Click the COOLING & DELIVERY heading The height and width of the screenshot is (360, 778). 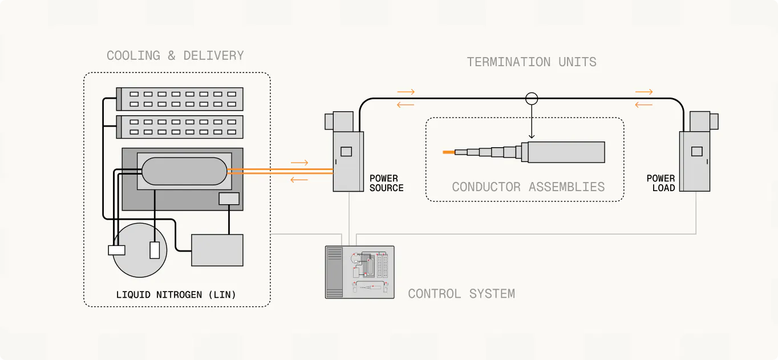coord(175,56)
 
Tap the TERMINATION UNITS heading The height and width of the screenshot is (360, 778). coord(532,62)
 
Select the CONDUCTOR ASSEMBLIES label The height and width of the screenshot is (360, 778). coord(528,187)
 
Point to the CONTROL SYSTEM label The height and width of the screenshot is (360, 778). coord(461,294)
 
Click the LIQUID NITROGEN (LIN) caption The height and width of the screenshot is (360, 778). coord(176,295)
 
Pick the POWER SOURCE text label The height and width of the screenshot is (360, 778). coord(386,183)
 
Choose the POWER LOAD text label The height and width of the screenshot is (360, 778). coord(661,183)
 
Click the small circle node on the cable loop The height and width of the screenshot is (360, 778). coord(532,98)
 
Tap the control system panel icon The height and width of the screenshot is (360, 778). coord(359,272)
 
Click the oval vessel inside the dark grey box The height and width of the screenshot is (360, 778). coord(184,171)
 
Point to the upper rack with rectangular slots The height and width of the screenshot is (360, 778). coord(180,99)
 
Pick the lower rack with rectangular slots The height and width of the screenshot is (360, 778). coord(180,127)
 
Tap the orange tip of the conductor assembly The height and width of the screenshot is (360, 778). coord(449,152)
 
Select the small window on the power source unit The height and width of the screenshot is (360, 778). coord(346,152)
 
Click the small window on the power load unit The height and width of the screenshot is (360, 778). coord(696,152)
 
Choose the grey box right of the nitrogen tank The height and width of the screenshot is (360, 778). coord(217,250)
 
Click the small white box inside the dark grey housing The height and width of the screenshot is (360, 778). coord(229,199)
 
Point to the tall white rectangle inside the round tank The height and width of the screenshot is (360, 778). coord(155,250)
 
